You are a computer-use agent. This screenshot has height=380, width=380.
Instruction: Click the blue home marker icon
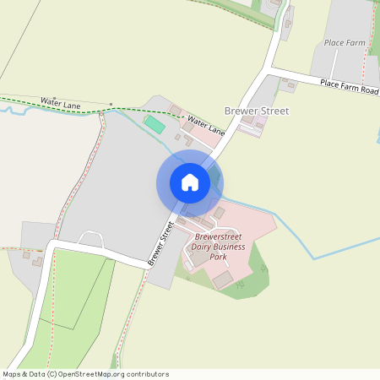point(190,182)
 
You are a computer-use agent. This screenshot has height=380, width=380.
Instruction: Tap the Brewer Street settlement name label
point(257,111)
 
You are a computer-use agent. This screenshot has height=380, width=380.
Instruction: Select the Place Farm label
point(345,42)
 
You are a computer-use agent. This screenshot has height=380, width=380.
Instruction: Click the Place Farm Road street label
point(350,86)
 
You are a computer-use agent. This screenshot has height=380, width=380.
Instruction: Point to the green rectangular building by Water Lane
point(155,125)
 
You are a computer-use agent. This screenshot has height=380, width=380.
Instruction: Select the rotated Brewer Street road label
point(160,243)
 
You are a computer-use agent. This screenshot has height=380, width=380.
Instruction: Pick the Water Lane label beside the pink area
point(207,126)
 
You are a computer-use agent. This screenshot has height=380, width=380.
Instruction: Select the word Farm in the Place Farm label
point(356,42)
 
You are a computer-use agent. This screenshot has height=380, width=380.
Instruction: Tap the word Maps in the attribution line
point(13,374)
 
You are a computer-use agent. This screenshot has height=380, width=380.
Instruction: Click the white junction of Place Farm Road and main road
point(272,70)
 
